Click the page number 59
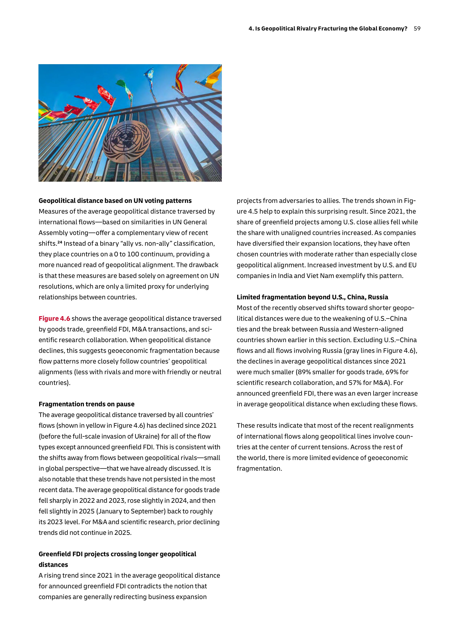(x=417, y=28)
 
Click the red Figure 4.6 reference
(x=54, y=319)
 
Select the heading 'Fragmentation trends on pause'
(x=87, y=404)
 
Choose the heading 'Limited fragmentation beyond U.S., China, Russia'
(x=312, y=297)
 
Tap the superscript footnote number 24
(x=59, y=242)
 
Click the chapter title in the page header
(x=328, y=28)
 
